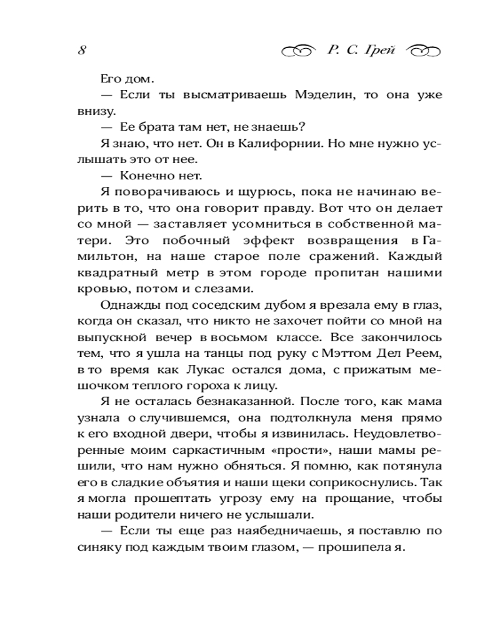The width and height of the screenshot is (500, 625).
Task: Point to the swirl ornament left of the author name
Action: coord(299,51)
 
